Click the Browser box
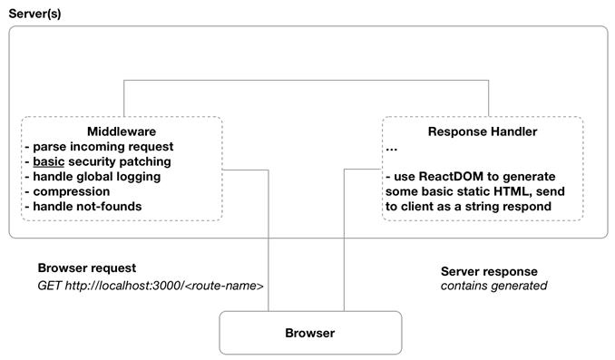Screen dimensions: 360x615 309,333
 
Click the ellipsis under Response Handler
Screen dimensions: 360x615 392,148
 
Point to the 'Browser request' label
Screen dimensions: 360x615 87,268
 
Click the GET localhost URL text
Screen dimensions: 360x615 150,286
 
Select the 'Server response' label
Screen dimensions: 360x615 489,271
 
